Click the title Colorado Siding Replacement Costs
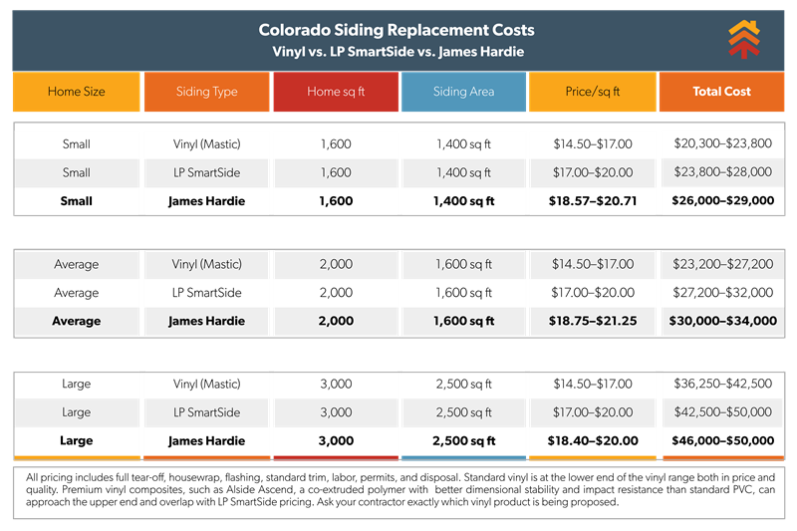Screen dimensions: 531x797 (x=397, y=31)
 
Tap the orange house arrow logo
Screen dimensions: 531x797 (x=743, y=40)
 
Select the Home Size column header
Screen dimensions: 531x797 (x=77, y=92)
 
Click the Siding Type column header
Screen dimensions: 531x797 (x=206, y=92)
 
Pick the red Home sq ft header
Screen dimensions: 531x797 (x=336, y=92)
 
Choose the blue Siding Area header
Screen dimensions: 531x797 (x=463, y=92)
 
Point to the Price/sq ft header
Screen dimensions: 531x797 (x=593, y=92)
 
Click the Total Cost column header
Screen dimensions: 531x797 (x=722, y=92)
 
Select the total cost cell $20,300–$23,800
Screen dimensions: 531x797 (x=722, y=143)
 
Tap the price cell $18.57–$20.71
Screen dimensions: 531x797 (x=593, y=200)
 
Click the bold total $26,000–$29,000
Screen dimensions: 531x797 (x=722, y=200)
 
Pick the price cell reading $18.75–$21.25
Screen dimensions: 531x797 (x=593, y=321)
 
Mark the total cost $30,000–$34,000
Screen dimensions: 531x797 (x=722, y=321)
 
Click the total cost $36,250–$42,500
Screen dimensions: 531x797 (x=722, y=384)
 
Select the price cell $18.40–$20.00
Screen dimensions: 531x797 (x=593, y=440)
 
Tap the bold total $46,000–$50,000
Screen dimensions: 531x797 (x=722, y=440)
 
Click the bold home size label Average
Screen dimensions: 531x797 (x=77, y=321)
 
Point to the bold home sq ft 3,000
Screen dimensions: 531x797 (x=336, y=440)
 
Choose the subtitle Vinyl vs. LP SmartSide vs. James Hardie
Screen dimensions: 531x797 (x=397, y=51)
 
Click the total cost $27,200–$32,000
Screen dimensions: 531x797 (x=722, y=293)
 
